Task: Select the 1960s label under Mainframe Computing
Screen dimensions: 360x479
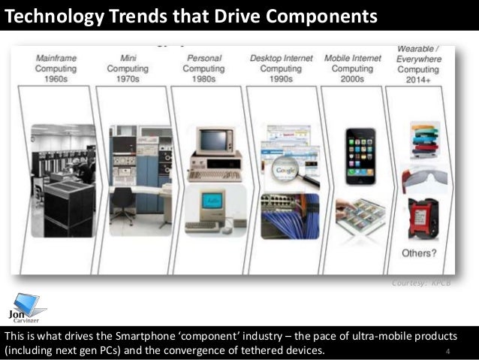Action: coord(55,78)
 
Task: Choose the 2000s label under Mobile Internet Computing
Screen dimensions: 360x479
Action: coord(351,78)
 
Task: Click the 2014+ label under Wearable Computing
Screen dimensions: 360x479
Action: coord(420,78)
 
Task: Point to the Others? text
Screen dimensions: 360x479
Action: coord(421,253)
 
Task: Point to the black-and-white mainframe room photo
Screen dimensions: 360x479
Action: coord(64,180)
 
